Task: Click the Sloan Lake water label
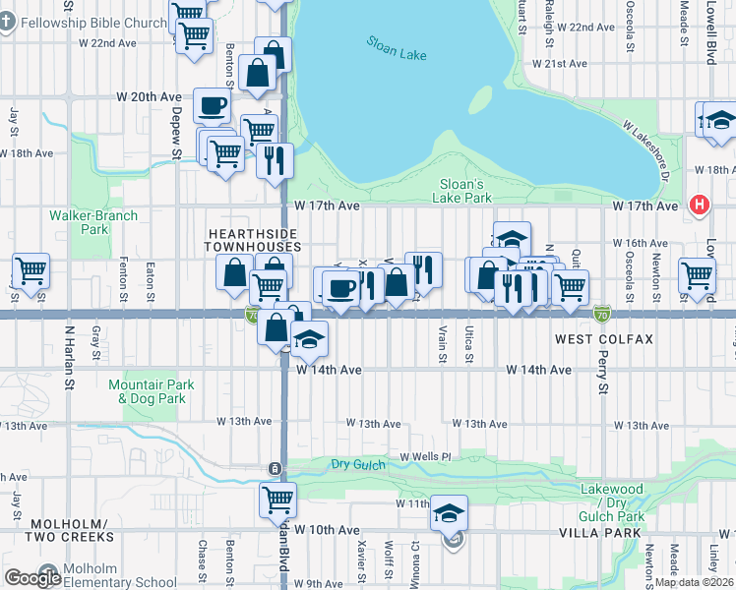pos(397,48)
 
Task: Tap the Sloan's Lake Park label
pos(460,191)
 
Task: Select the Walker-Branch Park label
pos(94,222)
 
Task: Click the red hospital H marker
pos(699,205)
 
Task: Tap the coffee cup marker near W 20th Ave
pos(212,104)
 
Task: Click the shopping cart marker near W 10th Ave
pos(277,499)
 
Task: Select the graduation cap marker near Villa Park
pos(450,511)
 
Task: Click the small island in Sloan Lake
pos(480,100)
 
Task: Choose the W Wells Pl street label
pos(425,457)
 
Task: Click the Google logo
pos(32,578)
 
